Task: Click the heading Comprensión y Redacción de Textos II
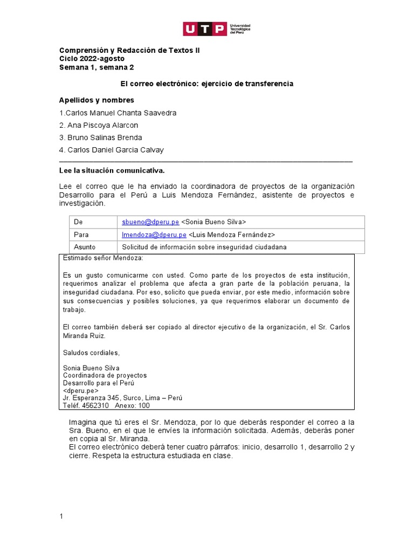(x=125, y=50)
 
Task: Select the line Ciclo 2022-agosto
(x=92, y=59)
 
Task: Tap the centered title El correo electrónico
(x=206, y=84)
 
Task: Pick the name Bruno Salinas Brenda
(x=101, y=137)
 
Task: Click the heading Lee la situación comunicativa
(x=112, y=171)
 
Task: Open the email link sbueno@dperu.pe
(x=150, y=222)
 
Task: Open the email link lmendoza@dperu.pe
(x=154, y=234)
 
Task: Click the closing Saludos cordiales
(x=91, y=353)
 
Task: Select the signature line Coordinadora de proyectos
(x=105, y=375)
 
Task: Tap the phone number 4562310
(x=95, y=405)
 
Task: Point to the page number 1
(x=61, y=516)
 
